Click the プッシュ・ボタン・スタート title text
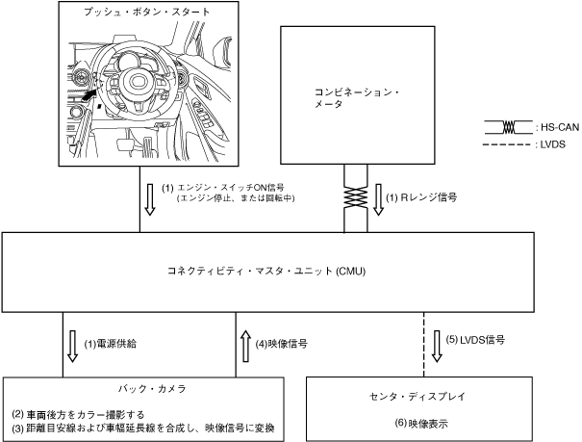[147, 12]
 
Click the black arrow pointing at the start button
[89, 94]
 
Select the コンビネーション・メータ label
[355, 97]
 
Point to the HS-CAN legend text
[552, 128]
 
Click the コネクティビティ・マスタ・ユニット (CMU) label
[290, 271]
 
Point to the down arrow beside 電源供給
[72, 346]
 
